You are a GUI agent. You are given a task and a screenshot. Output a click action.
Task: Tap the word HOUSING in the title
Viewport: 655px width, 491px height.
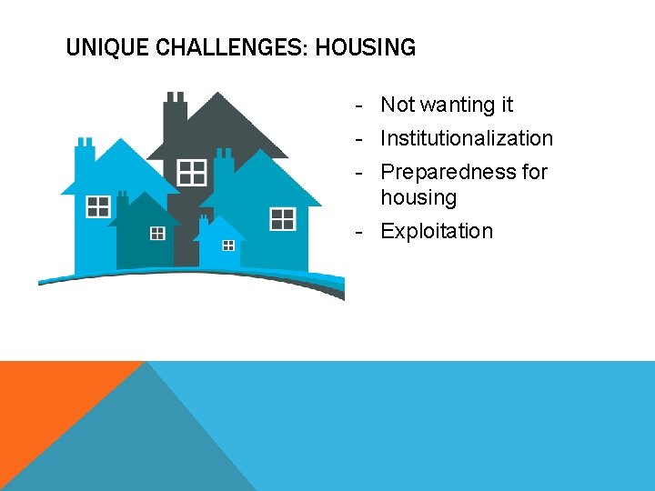[366, 47]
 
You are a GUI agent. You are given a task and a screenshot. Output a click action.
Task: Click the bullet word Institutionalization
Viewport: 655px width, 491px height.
[466, 138]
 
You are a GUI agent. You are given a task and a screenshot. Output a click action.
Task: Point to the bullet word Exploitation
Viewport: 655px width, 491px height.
[436, 231]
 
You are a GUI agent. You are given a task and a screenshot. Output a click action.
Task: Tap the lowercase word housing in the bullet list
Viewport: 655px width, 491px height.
[418, 197]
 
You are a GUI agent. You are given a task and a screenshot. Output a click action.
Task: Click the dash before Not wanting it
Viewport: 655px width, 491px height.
[361, 105]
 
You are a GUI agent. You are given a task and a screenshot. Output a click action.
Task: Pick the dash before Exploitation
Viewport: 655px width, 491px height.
[361, 231]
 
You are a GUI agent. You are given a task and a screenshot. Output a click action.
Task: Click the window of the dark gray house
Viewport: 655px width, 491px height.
[192, 171]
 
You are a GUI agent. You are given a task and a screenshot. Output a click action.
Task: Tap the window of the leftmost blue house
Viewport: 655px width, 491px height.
[98, 207]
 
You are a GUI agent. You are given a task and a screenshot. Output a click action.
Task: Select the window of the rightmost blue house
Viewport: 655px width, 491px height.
[282, 218]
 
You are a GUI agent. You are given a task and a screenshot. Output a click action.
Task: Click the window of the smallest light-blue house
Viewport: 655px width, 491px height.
[228, 245]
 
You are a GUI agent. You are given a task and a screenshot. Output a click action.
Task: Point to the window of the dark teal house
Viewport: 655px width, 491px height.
[157, 234]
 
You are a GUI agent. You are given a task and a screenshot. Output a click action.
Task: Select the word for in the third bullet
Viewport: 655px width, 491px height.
[534, 172]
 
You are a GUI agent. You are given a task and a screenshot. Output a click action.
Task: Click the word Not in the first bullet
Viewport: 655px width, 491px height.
[398, 105]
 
